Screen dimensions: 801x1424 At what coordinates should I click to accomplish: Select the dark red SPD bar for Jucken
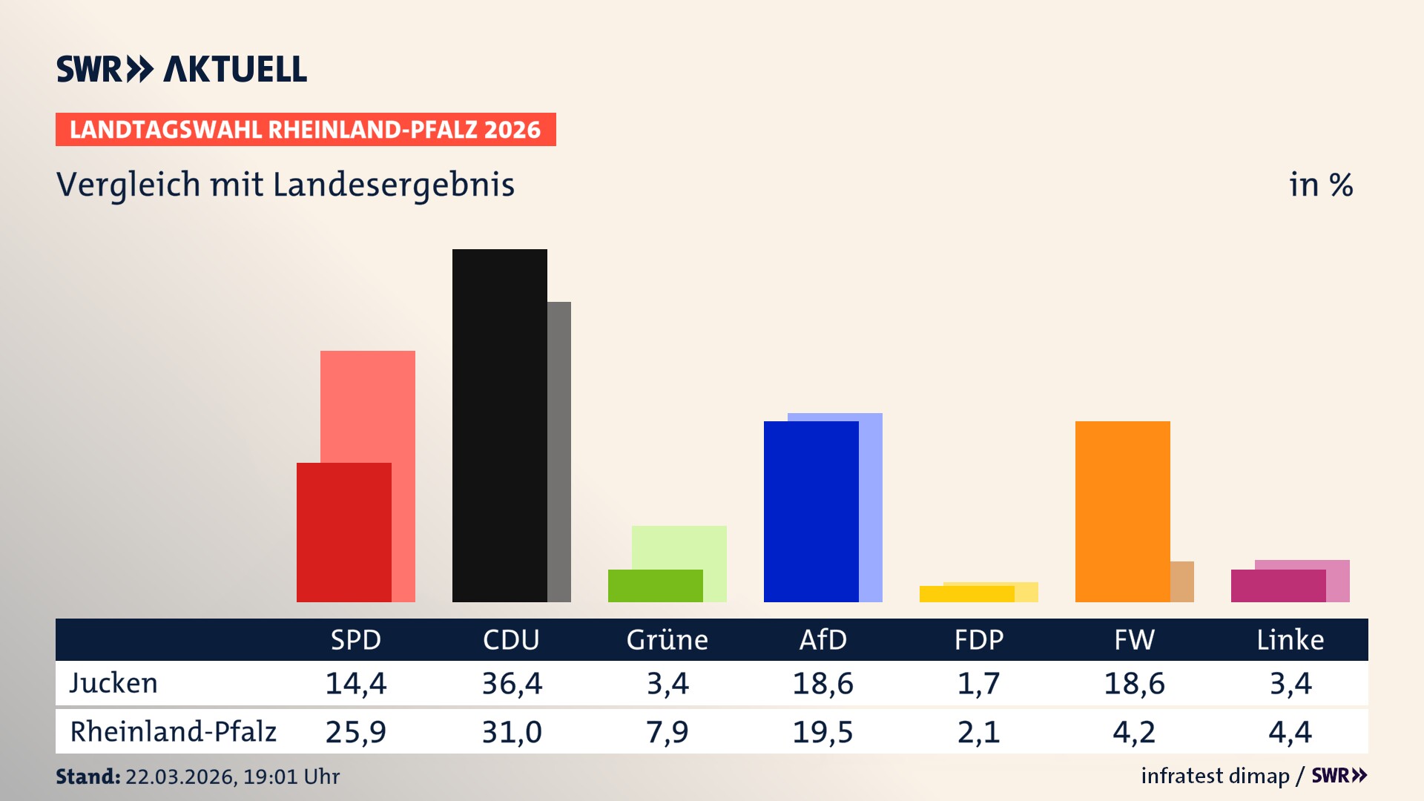coord(343,532)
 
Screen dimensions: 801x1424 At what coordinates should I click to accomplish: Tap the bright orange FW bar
coord(1122,511)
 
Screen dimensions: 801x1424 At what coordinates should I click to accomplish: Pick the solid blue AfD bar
coord(811,511)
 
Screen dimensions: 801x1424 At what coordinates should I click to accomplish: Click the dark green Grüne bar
coord(655,585)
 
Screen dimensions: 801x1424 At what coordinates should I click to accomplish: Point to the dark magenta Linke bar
coord(1278,585)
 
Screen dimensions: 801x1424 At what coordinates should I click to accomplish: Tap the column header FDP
coord(978,639)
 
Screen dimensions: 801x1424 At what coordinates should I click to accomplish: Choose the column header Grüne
coord(667,639)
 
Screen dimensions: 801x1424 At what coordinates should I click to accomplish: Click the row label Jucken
coord(113,683)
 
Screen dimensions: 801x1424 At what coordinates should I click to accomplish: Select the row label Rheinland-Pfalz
coord(173,732)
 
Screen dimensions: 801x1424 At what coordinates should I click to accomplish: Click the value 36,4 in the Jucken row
coord(512,683)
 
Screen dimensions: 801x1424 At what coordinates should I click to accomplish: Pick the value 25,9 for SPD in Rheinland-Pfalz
coord(355,732)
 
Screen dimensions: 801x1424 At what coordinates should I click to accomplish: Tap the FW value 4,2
coord(1134,732)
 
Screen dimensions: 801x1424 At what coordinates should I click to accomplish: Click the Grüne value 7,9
coord(667,732)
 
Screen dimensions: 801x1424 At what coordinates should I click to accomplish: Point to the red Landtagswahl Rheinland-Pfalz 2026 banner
coord(305,130)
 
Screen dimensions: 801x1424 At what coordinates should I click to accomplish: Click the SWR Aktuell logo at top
coord(181,69)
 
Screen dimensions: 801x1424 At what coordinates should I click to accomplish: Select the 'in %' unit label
coord(1321,185)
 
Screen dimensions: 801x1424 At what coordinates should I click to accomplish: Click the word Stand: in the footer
coord(88,777)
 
